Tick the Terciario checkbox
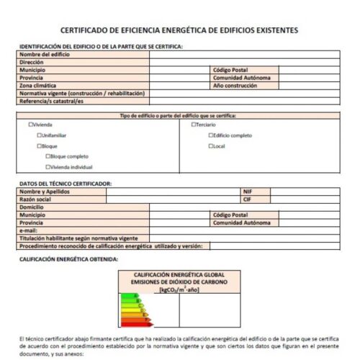pyautogui.click(x=194, y=125)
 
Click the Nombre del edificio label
pyautogui.click(x=44, y=55)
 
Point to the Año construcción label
pyautogui.click(x=235, y=85)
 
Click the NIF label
pyautogui.click(x=248, y=192)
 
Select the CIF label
pyautogui.click(x=247, y=199)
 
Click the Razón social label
pyautogui.click(x=35, y=199)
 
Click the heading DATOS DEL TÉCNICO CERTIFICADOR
pyautogui.click(x=66, y=183)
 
